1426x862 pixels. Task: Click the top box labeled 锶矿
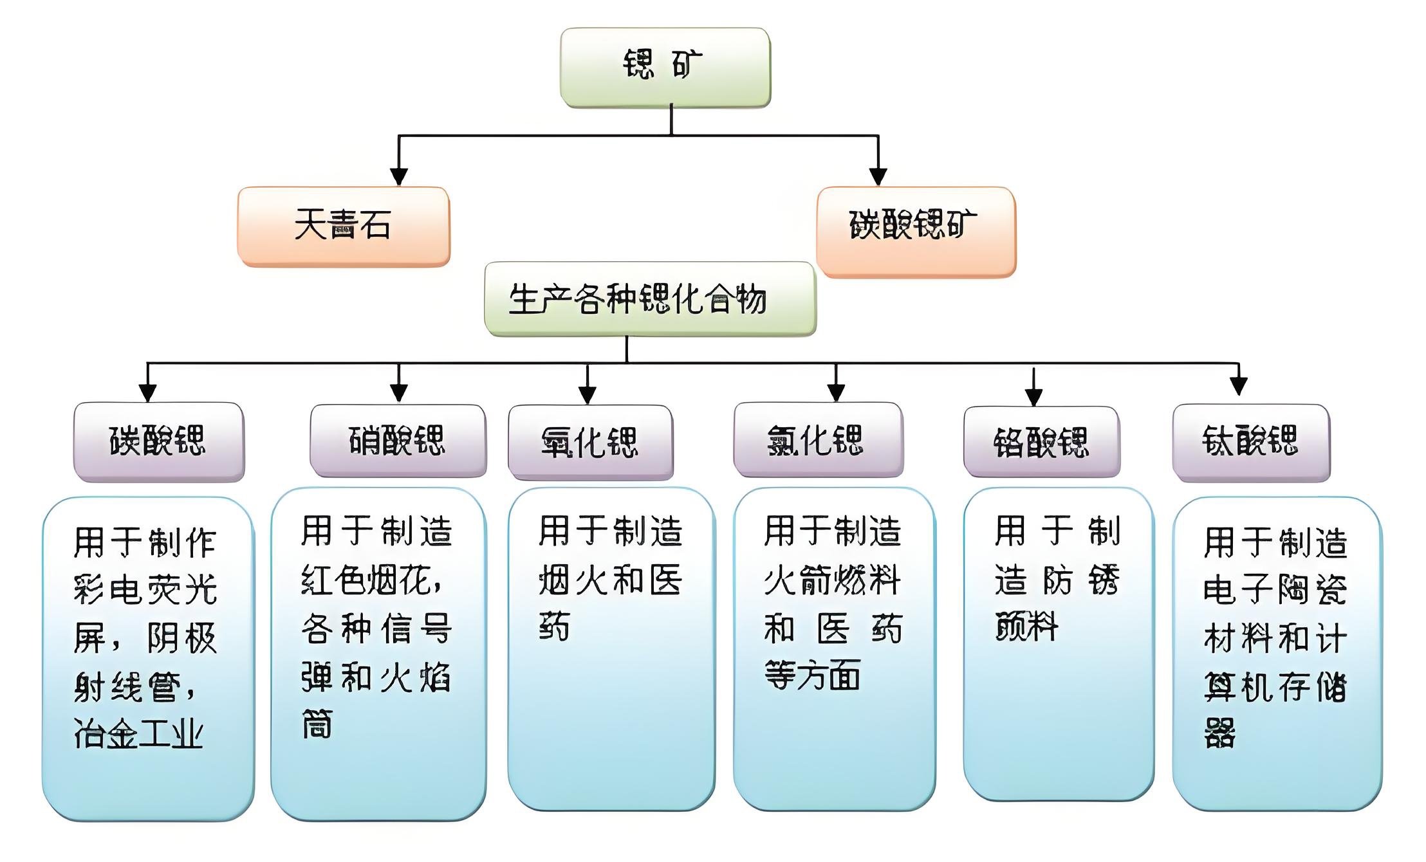coord(665,66)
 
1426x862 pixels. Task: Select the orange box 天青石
coord(343,226)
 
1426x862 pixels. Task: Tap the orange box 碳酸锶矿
coord(915,231)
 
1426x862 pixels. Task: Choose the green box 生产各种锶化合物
coord(650,298)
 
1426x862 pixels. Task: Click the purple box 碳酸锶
coord(158,441)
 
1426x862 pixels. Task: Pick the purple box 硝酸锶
coord(398,441)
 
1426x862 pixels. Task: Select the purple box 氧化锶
coord(590,442)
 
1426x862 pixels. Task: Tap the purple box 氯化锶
coord(817,441)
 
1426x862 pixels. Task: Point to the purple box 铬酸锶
coord(1041,442)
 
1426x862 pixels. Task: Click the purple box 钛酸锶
coord(1250,442)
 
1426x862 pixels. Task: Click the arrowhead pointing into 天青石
coord(399,176)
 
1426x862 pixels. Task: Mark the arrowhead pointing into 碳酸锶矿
coord(878,176)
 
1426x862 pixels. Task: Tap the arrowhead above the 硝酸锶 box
coord(399,392)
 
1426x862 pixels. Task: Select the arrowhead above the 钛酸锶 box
coord(1239,385)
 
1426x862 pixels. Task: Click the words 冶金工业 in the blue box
coord(139,734)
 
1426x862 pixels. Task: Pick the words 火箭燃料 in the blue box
coord(831,580)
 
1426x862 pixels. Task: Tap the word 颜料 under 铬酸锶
coord(1026,626)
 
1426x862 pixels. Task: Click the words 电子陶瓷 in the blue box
coord(1275,589)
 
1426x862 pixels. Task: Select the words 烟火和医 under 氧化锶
coord(610,580)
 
